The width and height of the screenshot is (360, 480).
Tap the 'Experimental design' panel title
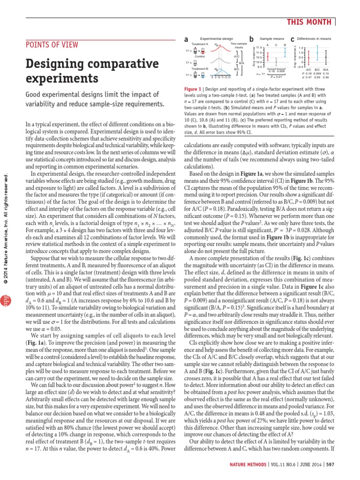tap(216, 39)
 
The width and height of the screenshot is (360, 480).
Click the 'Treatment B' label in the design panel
tap(199, 68)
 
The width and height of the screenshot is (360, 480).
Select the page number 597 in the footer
tap(330, 465)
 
